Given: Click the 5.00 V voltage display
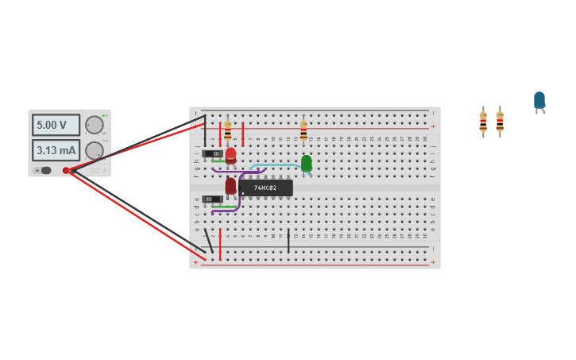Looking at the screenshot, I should pyautogui.click(x=56, y=125).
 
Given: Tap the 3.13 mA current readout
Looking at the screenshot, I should pyautogui.click(x=56, y=150).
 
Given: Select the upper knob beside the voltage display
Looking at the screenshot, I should pyautogui.click(x=94, y=125).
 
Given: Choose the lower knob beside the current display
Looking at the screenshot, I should pyautogui.click(x=94, y=150).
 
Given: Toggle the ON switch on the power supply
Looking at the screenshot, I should pyautogui.click(x=45, y=170).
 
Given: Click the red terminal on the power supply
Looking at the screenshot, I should pyautogui.click(x=66, y=170).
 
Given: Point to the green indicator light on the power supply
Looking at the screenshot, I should pyautogui.click(x=103, y=116).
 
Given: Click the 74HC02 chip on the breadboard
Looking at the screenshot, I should pyautogui.click(x=265, y=188).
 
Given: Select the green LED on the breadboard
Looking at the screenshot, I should pyautogui.click(x=306, y=163).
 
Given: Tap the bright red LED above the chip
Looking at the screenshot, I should pyautogui.click(x=230, y=155).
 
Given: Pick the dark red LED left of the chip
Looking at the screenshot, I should pyautogui.click(x=230, y=186).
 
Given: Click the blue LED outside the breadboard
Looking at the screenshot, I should pyautogui.click(x=539, y=100).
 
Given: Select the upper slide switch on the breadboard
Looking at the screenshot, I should pyautogui.click(x=212, y=153).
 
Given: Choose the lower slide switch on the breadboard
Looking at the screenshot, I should pyautogui.click(x=212, y=199).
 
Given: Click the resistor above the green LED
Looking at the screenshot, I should pyautogui.click(x=303, y=130).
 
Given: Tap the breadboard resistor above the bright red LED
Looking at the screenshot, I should pyautogui.click(x=228, y=130).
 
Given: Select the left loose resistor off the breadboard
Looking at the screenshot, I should pyautogui.click(x=483, y=122).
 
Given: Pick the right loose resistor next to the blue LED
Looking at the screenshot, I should pyautogui.click(x=500, y=122).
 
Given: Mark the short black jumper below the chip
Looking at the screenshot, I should pyautogui.click(x=288, y=241).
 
